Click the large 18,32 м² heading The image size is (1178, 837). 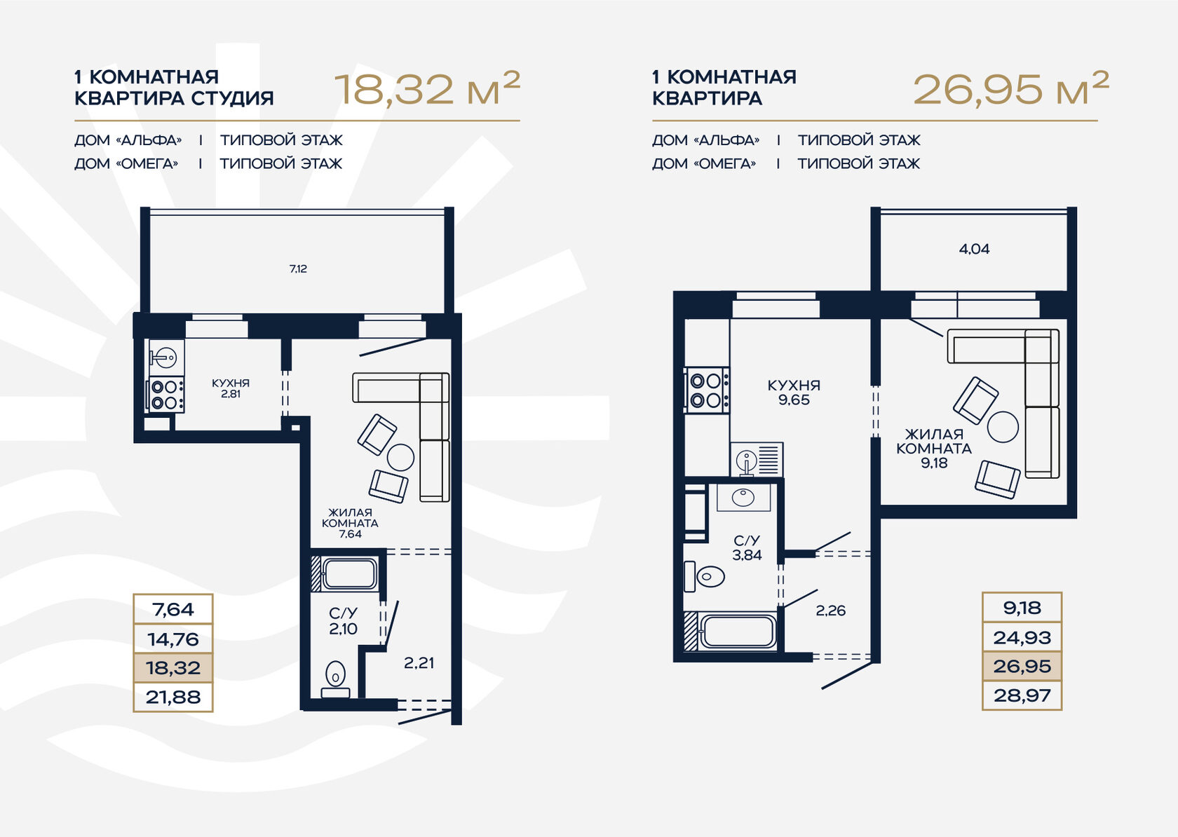pos(427,89)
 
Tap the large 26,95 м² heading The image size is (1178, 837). pos(1011,89)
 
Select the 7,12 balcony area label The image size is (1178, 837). pos(298,268)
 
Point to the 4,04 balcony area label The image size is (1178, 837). pos(974,249)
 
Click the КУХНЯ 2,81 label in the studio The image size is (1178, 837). pos(230,388)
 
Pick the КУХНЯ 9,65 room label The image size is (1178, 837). pos(794,393)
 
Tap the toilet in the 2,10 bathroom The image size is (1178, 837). pos(335,679)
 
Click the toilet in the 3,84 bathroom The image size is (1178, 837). pos(704,577)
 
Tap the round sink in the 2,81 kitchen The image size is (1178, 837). pos(166,358)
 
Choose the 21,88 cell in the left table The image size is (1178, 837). pos(173,697)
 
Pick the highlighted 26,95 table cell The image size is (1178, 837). pos(1022,666)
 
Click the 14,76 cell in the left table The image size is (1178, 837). pos(173,639)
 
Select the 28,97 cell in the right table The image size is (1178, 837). pos(1022,695)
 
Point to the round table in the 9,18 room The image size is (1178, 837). pos(1003,426)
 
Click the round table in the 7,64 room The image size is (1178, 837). pos(401,457)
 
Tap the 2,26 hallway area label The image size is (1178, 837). pos(831,611)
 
